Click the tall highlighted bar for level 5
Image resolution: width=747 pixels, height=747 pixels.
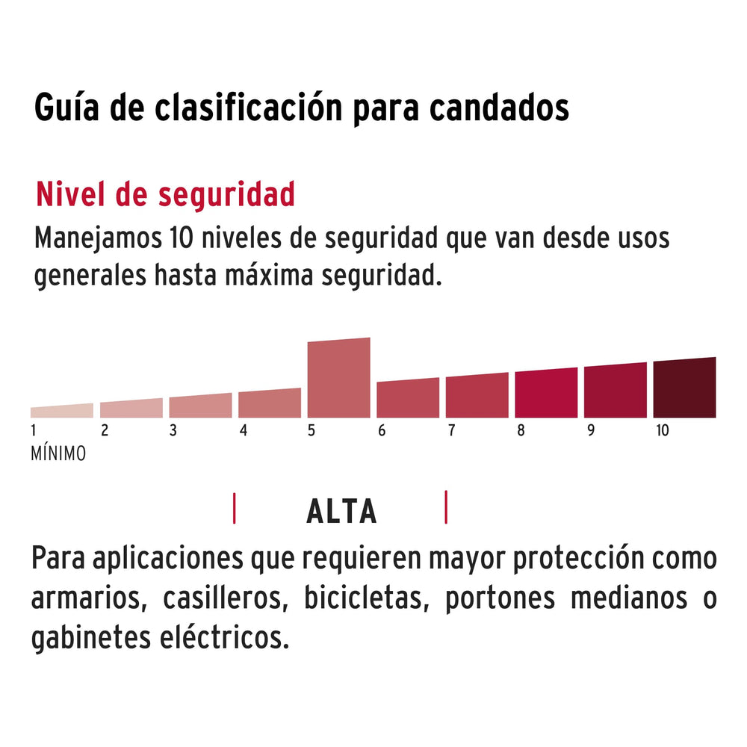[x=338, y=378]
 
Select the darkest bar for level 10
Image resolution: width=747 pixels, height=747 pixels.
[x=684, y=388]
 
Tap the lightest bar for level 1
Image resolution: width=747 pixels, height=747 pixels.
[x=62, y=411]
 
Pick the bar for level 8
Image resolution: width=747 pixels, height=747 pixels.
[x=546, y=394]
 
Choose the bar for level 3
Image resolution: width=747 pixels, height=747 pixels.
[x=200, y=406]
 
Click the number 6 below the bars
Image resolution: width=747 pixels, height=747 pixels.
[x=382, y=431]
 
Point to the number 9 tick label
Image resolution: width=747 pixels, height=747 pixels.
[x=591, y=431]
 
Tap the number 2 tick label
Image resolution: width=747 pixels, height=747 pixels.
[x=105, y=431]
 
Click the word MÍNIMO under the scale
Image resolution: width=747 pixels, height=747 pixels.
[x=58, y=453]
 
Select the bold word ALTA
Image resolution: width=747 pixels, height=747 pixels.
[x=341, y=512]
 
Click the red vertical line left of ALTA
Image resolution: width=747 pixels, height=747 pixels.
[x=235, y=508]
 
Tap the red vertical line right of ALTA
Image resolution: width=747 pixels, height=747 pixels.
[x=446, y=507]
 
